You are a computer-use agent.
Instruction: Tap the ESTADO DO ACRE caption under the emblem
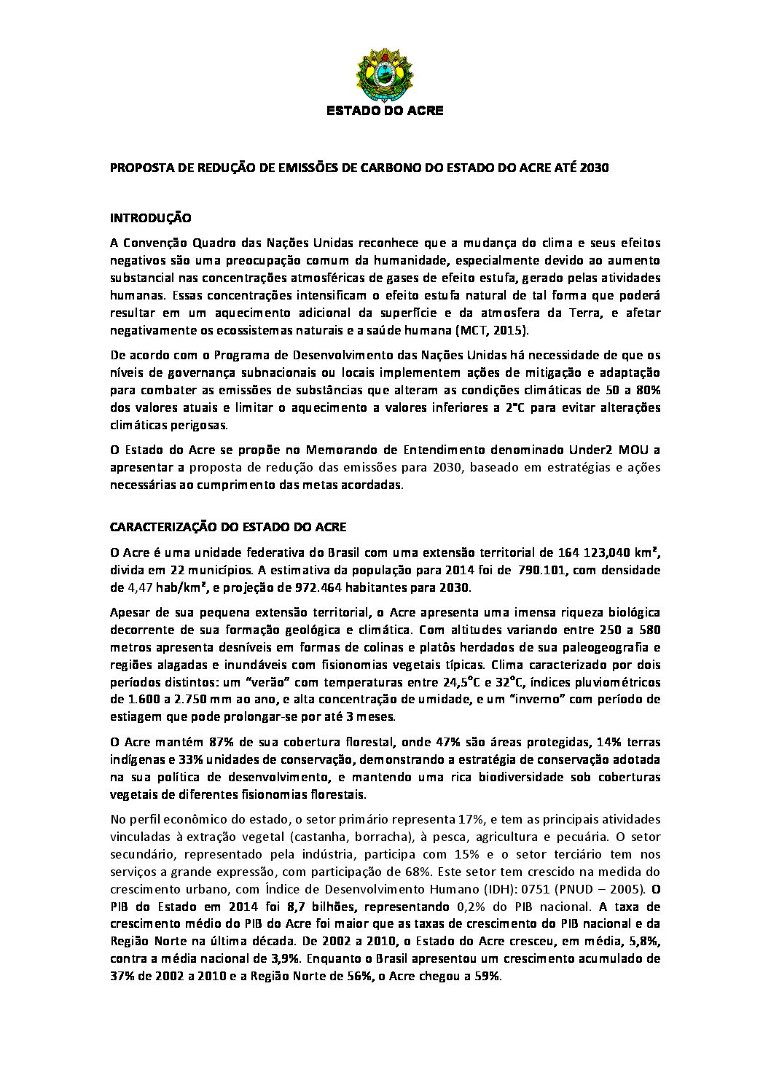coord(384,112)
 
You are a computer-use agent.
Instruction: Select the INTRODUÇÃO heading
coord(150,217)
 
